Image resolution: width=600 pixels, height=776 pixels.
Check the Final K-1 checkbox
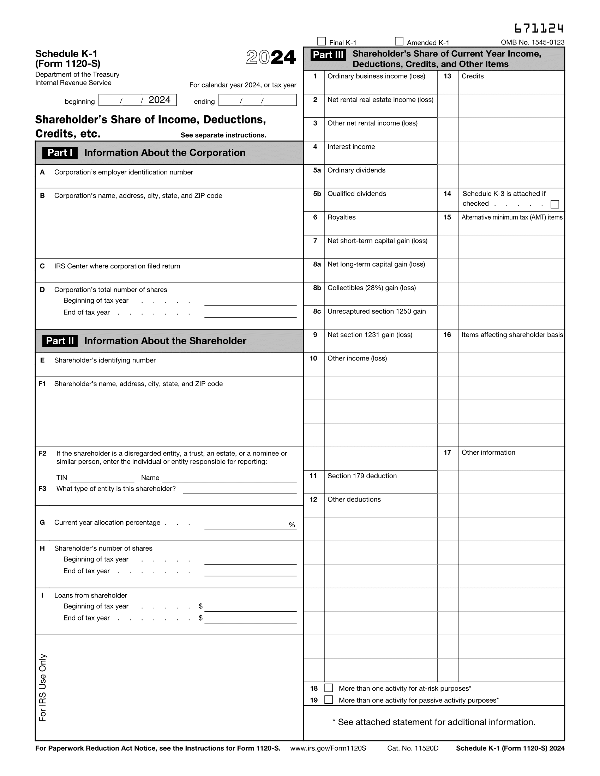click(x=321, y=42)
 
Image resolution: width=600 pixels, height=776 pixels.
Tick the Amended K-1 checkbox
click(x=399, y=42)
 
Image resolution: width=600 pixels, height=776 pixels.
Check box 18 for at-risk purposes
click(x=329, y=688)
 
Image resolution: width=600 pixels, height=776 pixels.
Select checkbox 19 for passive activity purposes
click(x=329, y=699)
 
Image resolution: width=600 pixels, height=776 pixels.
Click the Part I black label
click(x=60, y=153)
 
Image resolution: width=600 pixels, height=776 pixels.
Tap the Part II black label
click(x=60, y=341)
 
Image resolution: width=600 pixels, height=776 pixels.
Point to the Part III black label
click(x=328, y=55)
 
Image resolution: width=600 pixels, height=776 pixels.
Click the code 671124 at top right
click(x=539, y=29)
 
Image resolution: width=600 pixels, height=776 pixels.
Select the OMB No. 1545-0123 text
click(x=533, y=43)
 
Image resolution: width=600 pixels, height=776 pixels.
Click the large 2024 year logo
click(x=271, y=57)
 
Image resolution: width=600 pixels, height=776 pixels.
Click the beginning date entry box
click(x=137, y=100)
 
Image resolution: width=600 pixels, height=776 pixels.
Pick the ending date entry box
click(x=257, y=100)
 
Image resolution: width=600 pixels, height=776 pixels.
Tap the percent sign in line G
click(x=292, y=525)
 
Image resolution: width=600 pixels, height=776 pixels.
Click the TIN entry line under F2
click(x=102, y=478)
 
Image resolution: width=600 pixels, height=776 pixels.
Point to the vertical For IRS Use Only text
click(x=43, y=687)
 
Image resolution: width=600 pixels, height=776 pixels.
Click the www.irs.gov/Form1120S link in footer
click(x=328, y=748)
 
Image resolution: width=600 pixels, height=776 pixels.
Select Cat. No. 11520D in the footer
click(x=413, y=748)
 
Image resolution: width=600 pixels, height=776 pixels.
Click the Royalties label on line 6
click(x=341, y=217)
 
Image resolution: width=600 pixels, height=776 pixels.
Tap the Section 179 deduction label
click(x=362, y=476)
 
